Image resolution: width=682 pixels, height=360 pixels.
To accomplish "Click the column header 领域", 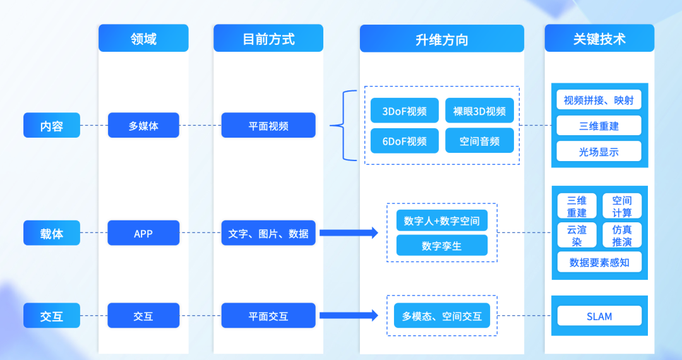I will tap(143, 39).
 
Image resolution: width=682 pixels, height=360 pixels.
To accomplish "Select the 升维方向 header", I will tap(441, 39).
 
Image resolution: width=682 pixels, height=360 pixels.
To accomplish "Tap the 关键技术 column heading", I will tap(599, 39).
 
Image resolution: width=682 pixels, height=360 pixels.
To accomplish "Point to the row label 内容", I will tap(52, 126).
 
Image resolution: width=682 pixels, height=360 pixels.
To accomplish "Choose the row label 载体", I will tap(52, 233).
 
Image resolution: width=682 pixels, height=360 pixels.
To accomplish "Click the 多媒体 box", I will tap(143, 126).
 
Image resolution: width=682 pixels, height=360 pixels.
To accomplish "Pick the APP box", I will tap(143, 233).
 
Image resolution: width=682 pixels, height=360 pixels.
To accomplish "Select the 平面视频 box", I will tap(268, 126).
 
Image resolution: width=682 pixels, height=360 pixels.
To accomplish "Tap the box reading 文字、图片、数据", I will tap(268, 233).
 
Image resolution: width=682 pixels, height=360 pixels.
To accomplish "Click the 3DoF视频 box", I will tap(404, 111).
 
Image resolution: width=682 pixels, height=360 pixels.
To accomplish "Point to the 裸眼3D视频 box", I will tap(479, 111).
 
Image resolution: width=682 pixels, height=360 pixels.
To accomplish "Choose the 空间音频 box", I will tap(479, 141).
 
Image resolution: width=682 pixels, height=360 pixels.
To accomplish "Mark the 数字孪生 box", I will tap(441, 246).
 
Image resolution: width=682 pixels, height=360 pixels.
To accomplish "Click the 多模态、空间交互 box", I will tap(441, 316).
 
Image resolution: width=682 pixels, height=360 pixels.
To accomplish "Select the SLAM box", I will tap(599, 316).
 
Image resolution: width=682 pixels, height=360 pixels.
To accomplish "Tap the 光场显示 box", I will tap(599, 152).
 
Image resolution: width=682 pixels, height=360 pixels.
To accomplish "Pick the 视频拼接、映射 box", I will tap(599, 100).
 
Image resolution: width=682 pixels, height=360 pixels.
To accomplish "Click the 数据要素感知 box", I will tap(599, 262).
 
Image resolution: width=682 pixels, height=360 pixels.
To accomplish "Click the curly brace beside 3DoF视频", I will tap(344, 126).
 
